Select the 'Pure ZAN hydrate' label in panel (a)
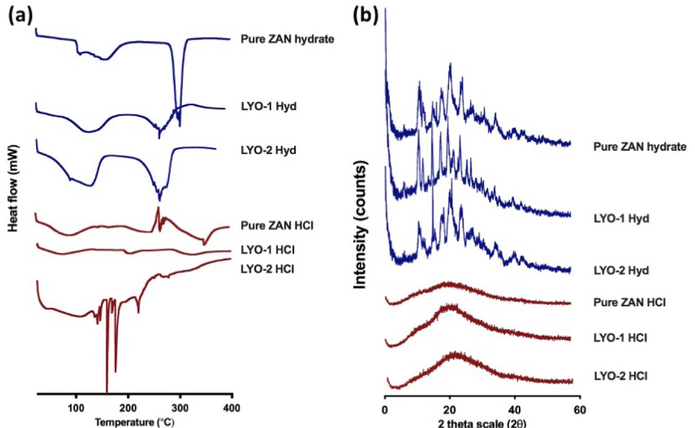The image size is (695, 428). click(287, 39)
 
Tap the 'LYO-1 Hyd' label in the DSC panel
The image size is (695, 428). click(269, 106)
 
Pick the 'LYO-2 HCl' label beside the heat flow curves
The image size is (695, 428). click(267, 269)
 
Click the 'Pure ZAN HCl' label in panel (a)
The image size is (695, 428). click(277, 226)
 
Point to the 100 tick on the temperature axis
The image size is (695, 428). click(76, 408)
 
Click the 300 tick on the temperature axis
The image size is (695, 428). click(180, 408)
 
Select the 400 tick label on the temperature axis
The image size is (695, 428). click(232, 408)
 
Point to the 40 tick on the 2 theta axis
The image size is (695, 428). click(515, 410)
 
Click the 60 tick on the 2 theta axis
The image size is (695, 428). click(580, 410)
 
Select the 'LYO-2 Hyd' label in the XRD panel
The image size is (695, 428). click(621, 270)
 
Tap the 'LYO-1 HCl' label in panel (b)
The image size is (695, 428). click(620, 338)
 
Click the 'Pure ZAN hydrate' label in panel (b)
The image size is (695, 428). click(640, 147)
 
